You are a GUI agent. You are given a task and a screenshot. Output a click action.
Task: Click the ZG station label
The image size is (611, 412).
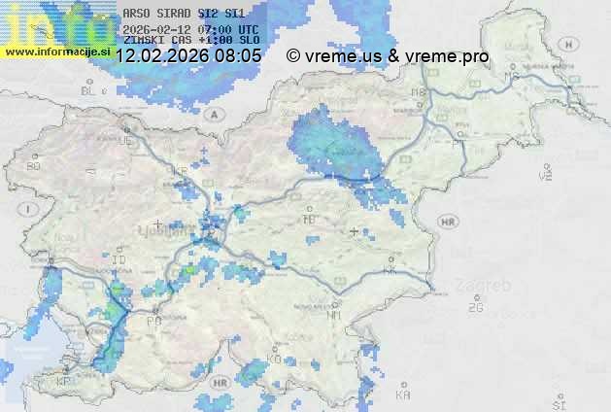[475, 308]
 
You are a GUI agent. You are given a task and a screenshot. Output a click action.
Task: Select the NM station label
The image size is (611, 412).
[334, 316]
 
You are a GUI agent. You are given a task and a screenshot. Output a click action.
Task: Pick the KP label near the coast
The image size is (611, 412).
[65, 383]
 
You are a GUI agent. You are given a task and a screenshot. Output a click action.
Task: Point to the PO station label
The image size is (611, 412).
[153, 321]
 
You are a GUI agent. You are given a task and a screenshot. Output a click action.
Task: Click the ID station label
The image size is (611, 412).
[119, 261]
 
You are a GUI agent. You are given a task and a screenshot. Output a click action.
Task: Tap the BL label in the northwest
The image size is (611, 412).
[90, 90]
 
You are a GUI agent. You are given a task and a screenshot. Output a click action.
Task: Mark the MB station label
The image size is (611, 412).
[419, 92]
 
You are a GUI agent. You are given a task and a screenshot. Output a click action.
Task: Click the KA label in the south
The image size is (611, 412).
[403, 395]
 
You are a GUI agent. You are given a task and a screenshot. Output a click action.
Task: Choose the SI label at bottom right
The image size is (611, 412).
[558, 403]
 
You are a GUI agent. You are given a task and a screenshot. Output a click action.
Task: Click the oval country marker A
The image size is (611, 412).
[221, 114]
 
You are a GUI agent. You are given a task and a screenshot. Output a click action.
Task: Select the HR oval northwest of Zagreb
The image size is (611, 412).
[448, 222]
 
